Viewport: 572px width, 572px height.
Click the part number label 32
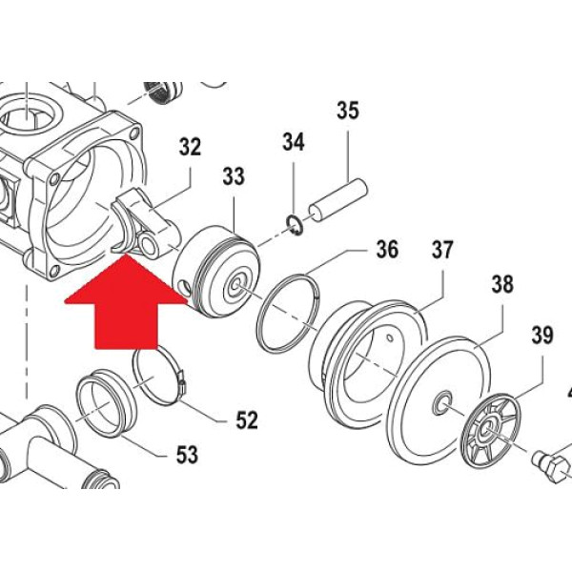coord(191,147)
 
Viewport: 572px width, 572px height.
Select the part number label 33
coord(234,177)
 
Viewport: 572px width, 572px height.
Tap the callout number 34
coord(293,143)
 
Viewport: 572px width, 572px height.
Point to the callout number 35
coord(348,111)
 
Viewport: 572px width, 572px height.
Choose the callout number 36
coord(386,250)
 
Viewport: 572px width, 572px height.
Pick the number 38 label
coord(501,283)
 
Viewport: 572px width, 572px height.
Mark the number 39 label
coord(542,335)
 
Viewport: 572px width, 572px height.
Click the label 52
coord(247,419)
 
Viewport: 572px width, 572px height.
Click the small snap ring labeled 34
coord(296,225)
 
